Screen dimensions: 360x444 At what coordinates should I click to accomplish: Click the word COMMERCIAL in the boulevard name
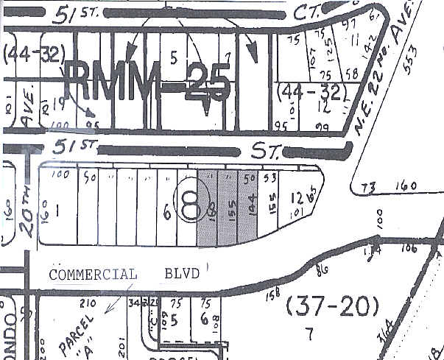point(93,275)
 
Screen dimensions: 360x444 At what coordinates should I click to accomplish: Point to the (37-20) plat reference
point(331,303)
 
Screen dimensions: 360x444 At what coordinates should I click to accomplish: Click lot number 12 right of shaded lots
point(296,197)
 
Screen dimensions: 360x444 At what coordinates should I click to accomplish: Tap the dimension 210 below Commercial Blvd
point(88,303)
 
